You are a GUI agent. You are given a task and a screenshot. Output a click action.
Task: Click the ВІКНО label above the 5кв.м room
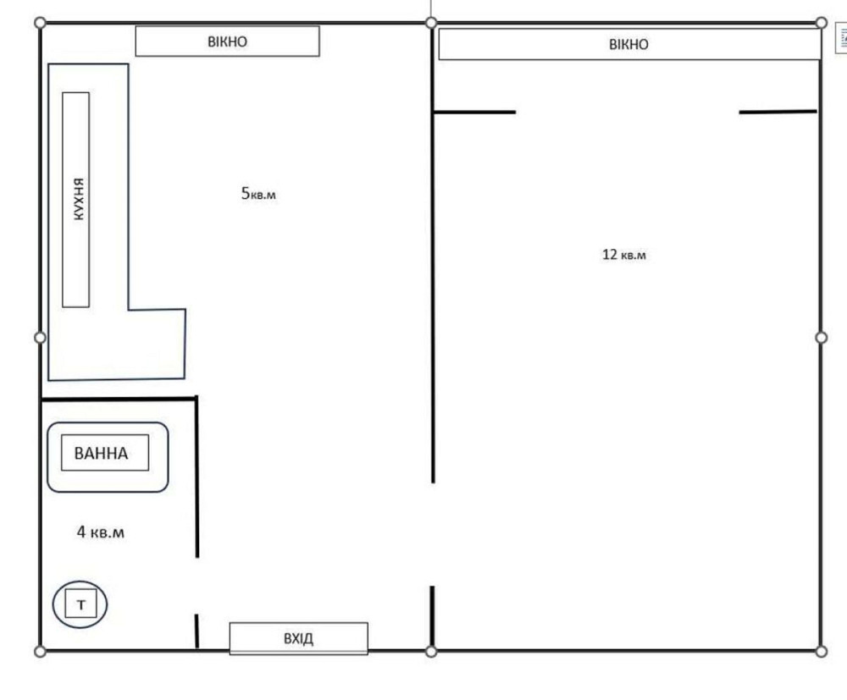(x=227, y=41)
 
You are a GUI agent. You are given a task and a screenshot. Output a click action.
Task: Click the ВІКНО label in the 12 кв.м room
(x=628, y=44)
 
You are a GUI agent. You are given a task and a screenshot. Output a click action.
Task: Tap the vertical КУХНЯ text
(x=77, y=200)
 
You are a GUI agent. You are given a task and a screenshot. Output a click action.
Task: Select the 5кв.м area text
(x=258, y=194)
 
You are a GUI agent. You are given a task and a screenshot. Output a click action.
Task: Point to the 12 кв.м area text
(x=623, y=254)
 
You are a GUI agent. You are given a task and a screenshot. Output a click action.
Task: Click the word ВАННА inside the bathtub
(x=102, y=454)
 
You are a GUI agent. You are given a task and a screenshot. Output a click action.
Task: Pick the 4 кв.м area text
(x=101, y=532)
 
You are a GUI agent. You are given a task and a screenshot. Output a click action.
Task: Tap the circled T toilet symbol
(x=80, y=604)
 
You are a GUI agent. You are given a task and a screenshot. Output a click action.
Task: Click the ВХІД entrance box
(x=298, y=638)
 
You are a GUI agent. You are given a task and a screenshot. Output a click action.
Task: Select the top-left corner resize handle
(x=40, y=22)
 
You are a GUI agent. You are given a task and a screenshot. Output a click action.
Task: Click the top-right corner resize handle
(x=820, y=22)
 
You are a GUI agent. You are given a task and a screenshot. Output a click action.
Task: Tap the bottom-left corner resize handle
(x=40, y=651)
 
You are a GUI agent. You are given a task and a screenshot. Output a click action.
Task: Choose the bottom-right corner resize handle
(x=820, y=651)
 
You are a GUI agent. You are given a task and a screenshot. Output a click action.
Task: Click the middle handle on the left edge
(x=40, y=338)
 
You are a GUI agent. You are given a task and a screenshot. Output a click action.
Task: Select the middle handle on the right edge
(x=820, y=338)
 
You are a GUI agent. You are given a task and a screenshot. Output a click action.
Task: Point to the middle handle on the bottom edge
(x=431, y=651)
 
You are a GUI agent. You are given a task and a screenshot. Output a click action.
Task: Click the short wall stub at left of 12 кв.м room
(x=474, y=112)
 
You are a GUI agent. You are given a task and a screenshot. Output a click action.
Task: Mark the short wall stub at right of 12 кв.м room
(x=778, y=112)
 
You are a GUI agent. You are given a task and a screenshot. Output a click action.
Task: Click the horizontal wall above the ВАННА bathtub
(x=119, y=399)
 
